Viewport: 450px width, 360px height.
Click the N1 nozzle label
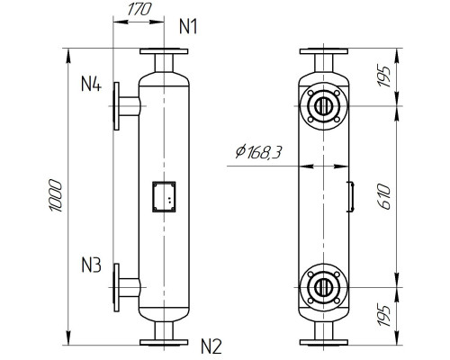coord(187,25)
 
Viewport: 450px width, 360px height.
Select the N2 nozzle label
coord(210,345)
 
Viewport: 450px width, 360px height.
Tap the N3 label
coord(92,266)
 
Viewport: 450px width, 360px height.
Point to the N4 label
coord(91,85)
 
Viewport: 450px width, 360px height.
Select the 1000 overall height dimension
coord(56,196)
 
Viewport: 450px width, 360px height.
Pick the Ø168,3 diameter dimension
coord(256,154)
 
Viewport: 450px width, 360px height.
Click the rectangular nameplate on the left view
coord(164,196)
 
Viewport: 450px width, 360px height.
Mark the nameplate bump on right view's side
coord(349,196)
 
